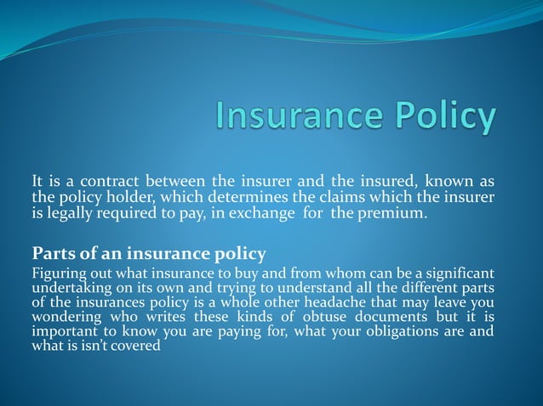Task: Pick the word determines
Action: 235,196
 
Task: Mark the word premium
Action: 395,211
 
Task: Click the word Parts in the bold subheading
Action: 53,252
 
